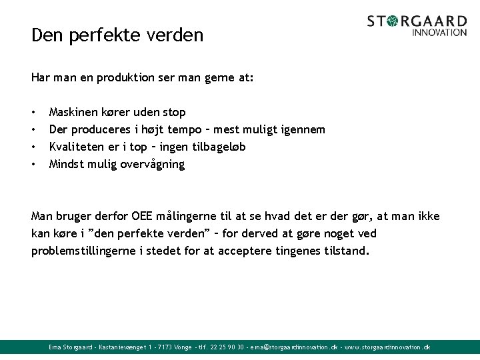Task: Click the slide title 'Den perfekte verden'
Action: [x=117, y=35]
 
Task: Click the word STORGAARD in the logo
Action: [x=417, y=21]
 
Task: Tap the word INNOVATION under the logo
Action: [x=439, y=32]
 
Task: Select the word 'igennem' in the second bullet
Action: [x=303, y=129]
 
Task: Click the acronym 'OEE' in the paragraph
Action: [x=143, y=216]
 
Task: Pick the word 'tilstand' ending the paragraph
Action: [x=345, y=251]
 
